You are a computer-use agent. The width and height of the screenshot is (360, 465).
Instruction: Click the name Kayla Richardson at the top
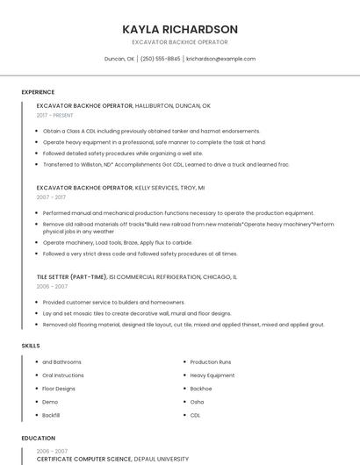pyautogui.click(x=180, y=29)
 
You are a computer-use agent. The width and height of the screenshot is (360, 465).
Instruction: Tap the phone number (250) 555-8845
pyautogui.click(x=160, y=59)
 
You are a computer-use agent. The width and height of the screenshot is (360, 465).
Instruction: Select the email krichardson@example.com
pyautogui.click(x=220, y=59)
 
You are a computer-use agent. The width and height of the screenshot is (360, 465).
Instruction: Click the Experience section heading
pyautogui.click(x=38, y=92)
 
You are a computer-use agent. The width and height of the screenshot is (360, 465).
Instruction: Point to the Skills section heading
pyautogui.click(x=31, y=346)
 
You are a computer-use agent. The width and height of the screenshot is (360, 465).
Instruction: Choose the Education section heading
pyautogui.click(x=37, y=437)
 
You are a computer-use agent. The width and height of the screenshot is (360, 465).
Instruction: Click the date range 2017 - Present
pyautogui.click(x=55, y=115)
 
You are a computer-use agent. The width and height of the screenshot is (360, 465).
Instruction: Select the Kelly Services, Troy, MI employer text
pyautogui.click(x=169, y=188)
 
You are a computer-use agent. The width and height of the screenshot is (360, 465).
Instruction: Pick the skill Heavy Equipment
pyautogui.click(x=212, y=376)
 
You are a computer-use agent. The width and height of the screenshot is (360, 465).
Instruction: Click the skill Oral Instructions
pyautogui.click(x=62, y=376)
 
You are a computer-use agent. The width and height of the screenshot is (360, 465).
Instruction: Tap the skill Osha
pyautogui.click(x=198, y=402)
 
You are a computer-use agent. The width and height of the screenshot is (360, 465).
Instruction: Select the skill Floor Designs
pyautogui.click(x=60, y=389)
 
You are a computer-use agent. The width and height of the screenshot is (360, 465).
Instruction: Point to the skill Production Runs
pyautogui.click(x=211, y=362)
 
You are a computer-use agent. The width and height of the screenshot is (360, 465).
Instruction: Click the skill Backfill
pyautogui.click(x=51, y=415)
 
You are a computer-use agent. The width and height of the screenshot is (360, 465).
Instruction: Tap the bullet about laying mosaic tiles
pyautogui.click(x=137, y=313)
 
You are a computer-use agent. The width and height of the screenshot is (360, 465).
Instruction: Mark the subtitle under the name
pyautogui.click(x=180, y=42)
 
